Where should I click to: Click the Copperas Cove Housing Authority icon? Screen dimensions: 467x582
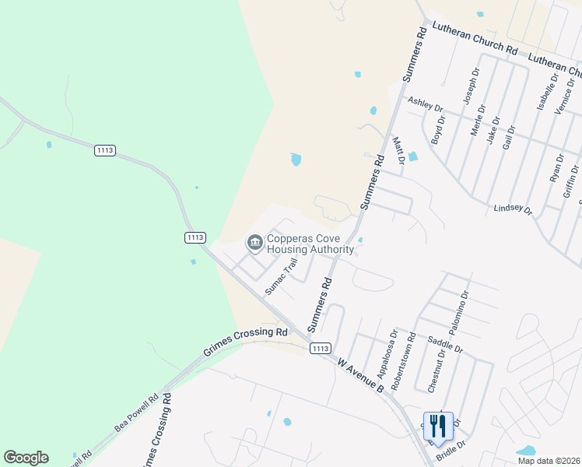[254, 244]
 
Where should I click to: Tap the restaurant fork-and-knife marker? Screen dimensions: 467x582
[438, 426]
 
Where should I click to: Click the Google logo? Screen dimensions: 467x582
[26, 458]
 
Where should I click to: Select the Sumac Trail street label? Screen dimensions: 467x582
[281, 276]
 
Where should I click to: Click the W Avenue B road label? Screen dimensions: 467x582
[361, 374]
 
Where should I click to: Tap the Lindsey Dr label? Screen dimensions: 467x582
[513, 210]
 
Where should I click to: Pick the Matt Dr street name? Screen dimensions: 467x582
[399, 150]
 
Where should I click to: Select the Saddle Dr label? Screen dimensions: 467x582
[445, 343]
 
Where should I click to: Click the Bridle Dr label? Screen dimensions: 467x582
[451, 447]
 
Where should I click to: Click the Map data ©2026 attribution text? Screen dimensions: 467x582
[549, 461]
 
